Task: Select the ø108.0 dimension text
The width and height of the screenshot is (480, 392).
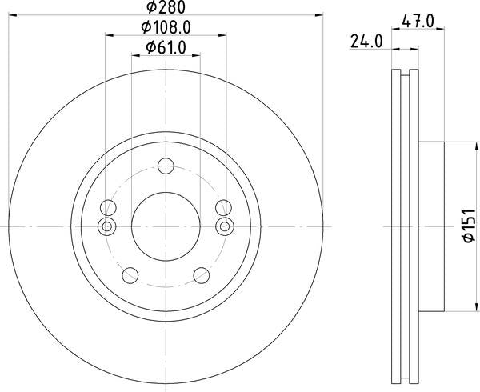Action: coord(166,28)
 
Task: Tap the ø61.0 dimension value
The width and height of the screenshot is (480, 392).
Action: coord(166,48)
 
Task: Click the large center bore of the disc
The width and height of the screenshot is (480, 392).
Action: coord(166,227)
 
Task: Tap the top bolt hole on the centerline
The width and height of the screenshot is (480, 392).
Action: coord(166,166)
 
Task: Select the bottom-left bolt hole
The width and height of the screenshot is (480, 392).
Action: coord(129,276)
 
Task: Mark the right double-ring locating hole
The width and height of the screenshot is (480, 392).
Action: coord(226,227)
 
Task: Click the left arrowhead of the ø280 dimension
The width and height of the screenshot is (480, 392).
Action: coord(14,14)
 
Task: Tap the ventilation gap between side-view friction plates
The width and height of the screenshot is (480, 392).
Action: coord(405,227)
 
